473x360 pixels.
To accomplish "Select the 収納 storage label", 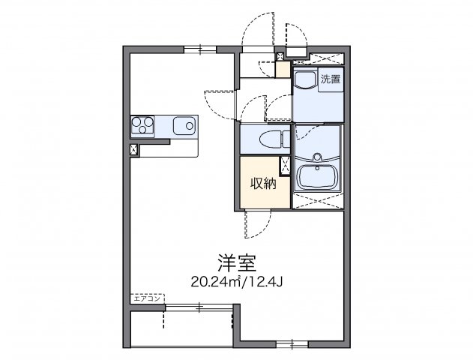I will pos(261,182).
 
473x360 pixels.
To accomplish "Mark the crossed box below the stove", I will pos(135,148).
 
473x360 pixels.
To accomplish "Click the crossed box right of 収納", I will pos(285,166).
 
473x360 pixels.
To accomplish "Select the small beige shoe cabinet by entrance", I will pos(283,69).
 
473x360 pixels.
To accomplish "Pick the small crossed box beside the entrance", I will pos(280,56).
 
